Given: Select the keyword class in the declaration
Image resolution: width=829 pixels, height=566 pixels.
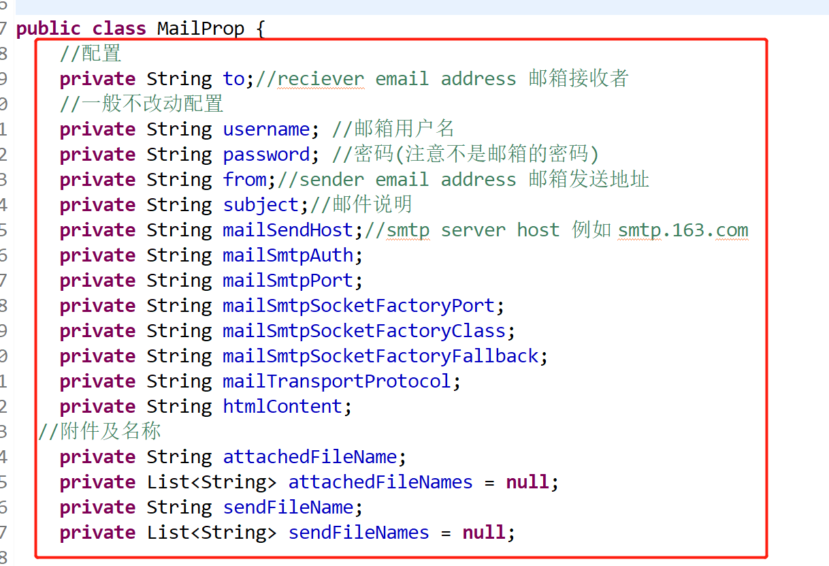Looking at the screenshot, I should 119,29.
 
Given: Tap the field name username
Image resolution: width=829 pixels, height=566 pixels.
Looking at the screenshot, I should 266,129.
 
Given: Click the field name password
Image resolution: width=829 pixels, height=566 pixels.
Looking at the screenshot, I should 266,155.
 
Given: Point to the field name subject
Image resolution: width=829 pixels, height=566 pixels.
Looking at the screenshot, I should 261,205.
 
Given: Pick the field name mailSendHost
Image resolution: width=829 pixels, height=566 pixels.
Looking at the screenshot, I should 288,230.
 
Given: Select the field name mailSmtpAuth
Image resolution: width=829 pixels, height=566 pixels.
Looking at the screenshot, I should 288,255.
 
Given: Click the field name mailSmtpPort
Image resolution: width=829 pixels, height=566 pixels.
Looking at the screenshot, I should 288,281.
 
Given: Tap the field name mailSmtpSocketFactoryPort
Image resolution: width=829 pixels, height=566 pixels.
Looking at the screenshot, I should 359,306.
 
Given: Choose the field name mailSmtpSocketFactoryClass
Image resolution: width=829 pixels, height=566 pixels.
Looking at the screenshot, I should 364,331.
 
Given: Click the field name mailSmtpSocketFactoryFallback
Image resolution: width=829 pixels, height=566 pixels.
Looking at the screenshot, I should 380,356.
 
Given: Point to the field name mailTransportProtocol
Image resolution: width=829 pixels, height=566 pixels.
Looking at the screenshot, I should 337,381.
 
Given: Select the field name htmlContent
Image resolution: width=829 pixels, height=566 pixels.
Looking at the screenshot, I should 282,407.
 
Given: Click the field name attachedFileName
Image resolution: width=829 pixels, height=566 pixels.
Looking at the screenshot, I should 310,457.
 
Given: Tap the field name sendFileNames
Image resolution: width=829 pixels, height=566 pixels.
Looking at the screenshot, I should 359,533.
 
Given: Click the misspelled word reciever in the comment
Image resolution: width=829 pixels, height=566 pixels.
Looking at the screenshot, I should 321,79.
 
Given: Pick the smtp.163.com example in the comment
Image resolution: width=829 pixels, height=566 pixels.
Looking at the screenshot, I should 683,230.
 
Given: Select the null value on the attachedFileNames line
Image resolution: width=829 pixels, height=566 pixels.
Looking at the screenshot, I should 527,482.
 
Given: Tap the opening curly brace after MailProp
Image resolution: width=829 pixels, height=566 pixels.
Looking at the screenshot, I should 258,29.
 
